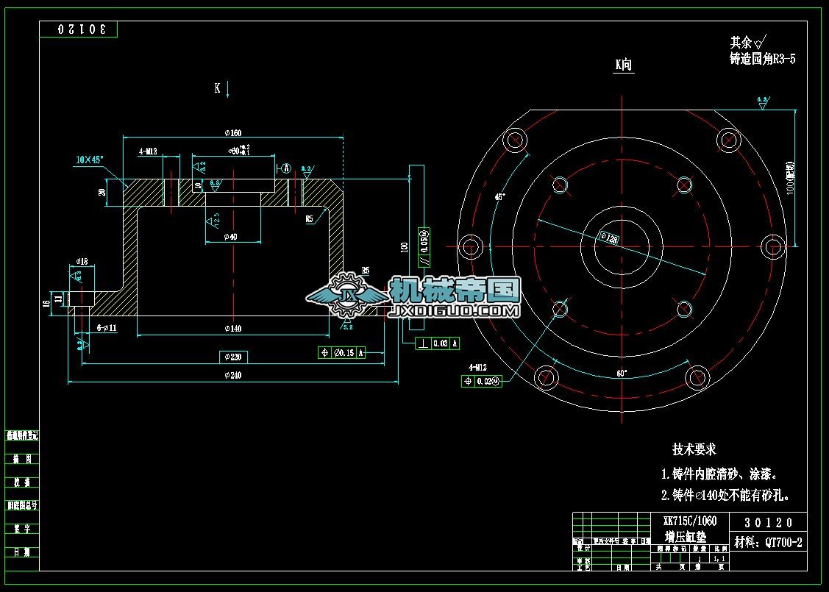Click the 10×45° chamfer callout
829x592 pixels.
pyautogui.click(x=90, y=159)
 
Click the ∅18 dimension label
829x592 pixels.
pyautogui.click(x=82, y=261)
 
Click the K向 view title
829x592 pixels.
pyautogui.click(x=623, y=65)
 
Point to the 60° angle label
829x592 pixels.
pyautogui.click(x=622, y=374)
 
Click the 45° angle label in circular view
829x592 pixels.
pyautogui.click(x=500, y=197)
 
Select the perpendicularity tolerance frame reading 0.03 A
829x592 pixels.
pyautogui.click(x=438, y=343)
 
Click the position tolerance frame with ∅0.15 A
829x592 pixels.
pyautogui.click(x=341, y=353)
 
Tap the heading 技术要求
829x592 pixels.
pyautogui.click(x=694, y=449)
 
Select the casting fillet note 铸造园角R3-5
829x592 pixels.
pyautogui.click(x=762, y=60)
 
